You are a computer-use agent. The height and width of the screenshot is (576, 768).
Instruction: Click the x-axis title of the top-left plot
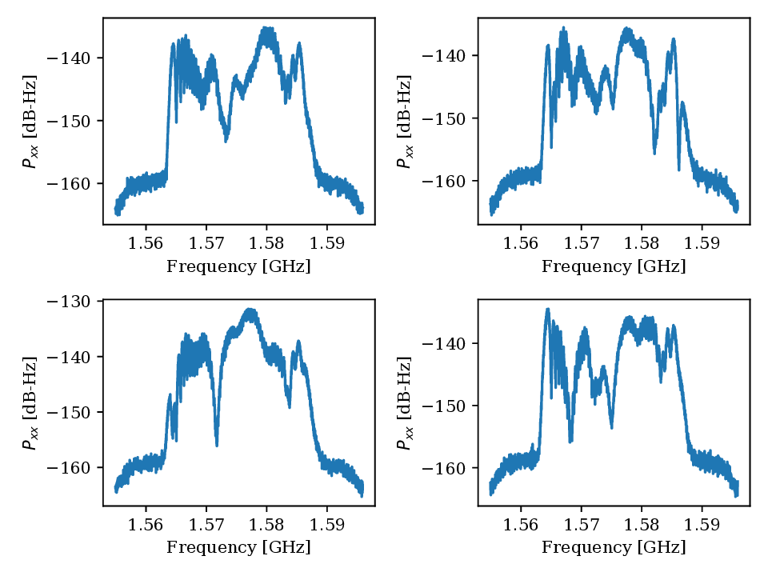(238, 266)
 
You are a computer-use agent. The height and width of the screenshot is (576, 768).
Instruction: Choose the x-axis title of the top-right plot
(614, 266)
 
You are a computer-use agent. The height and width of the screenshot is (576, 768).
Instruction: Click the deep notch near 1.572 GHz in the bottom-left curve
(217, 443)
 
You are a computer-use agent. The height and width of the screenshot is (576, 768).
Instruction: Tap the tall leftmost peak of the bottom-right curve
(548, 310)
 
